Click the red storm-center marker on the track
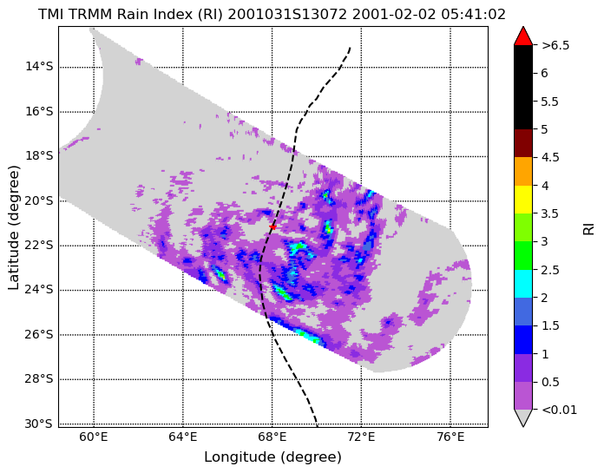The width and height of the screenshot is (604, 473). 272,227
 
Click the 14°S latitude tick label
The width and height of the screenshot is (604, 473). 39,67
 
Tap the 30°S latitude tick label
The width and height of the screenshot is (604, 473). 39,424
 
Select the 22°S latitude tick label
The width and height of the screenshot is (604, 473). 39,245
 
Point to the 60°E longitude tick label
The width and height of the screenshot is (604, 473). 94,437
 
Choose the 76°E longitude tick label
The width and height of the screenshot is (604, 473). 450,437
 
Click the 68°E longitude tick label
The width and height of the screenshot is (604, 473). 272,437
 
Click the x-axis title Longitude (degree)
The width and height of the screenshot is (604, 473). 272,457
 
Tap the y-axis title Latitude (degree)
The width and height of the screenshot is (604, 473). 14,227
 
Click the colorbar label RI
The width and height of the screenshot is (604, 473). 588,227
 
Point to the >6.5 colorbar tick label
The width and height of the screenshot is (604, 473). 555,45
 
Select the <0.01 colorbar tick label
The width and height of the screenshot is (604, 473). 560,410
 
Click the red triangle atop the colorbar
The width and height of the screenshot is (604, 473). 523,36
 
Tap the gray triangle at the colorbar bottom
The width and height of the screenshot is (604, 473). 523,417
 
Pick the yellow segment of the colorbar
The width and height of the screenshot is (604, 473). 523,200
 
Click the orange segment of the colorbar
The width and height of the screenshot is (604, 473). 523,171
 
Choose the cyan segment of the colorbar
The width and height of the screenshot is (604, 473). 523,284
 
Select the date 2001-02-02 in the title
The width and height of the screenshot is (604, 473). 394,15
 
